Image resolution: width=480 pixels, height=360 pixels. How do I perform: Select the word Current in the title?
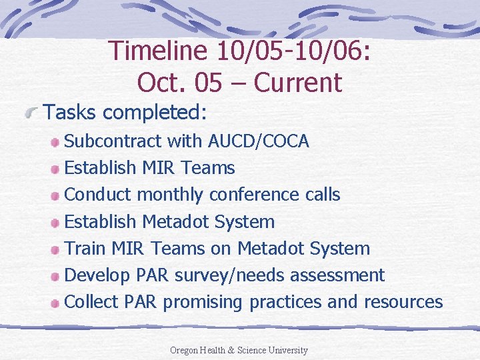tap(298, 83)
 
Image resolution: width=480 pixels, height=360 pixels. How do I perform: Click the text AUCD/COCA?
tap(259, 141)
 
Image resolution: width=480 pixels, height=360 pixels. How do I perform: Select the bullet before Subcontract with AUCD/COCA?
tap(57, 142)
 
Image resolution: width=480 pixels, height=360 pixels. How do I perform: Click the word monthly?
tap(170, 195)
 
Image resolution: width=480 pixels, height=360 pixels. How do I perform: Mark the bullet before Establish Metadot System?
tap(57, 223)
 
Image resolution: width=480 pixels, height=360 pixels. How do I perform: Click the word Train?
tap(85, 249)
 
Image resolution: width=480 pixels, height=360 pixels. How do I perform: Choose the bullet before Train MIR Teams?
tap(57, 249)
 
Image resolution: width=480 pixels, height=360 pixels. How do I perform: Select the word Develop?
tap(97, 275)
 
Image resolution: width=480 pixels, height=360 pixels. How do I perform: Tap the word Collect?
tap(91, 302)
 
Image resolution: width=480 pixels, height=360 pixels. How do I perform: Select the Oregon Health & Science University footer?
tap(239, 350)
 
